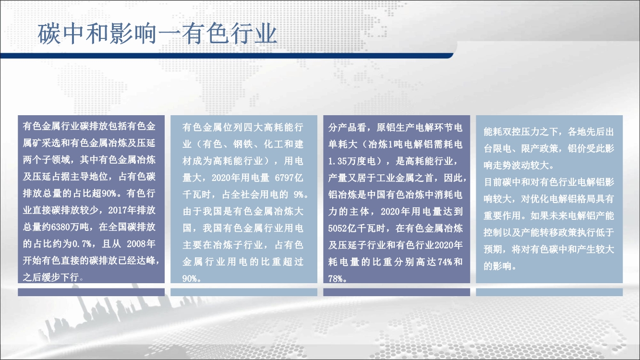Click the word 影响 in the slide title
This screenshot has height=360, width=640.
[133, 34]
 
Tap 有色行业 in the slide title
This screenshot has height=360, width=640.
[229, 34]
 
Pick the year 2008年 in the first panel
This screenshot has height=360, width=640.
[141, 244]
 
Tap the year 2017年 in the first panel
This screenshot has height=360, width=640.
[122, 210]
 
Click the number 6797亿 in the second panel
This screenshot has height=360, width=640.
[289, 178]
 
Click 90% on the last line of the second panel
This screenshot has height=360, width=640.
[190, 278]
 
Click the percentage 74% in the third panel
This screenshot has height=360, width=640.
[444, 262]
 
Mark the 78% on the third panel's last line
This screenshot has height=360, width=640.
[336, 279]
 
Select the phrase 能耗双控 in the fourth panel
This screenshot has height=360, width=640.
[502, 132]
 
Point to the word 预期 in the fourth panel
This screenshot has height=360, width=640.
[493, 250]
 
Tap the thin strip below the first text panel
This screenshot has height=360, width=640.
[91, 292]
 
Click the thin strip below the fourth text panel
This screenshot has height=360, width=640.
[549, 292]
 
